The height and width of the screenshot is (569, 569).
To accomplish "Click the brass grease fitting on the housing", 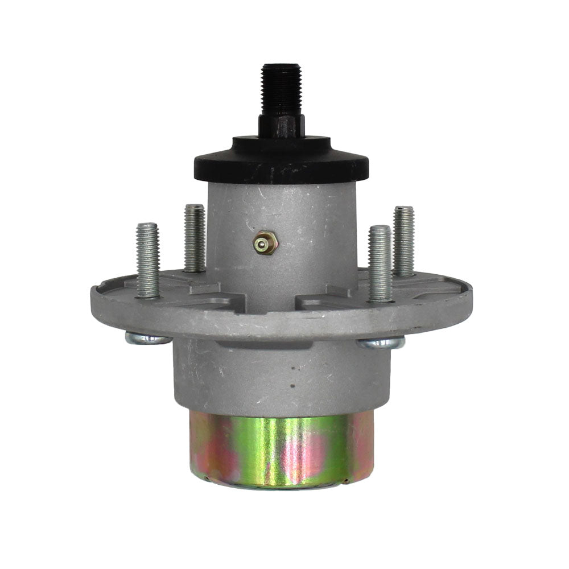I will point(265,244).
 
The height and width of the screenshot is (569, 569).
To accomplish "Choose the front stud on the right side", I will point(380,263).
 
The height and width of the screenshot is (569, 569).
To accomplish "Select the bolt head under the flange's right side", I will point(381,342).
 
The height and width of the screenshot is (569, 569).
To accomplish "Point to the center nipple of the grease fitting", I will point(261,245).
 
